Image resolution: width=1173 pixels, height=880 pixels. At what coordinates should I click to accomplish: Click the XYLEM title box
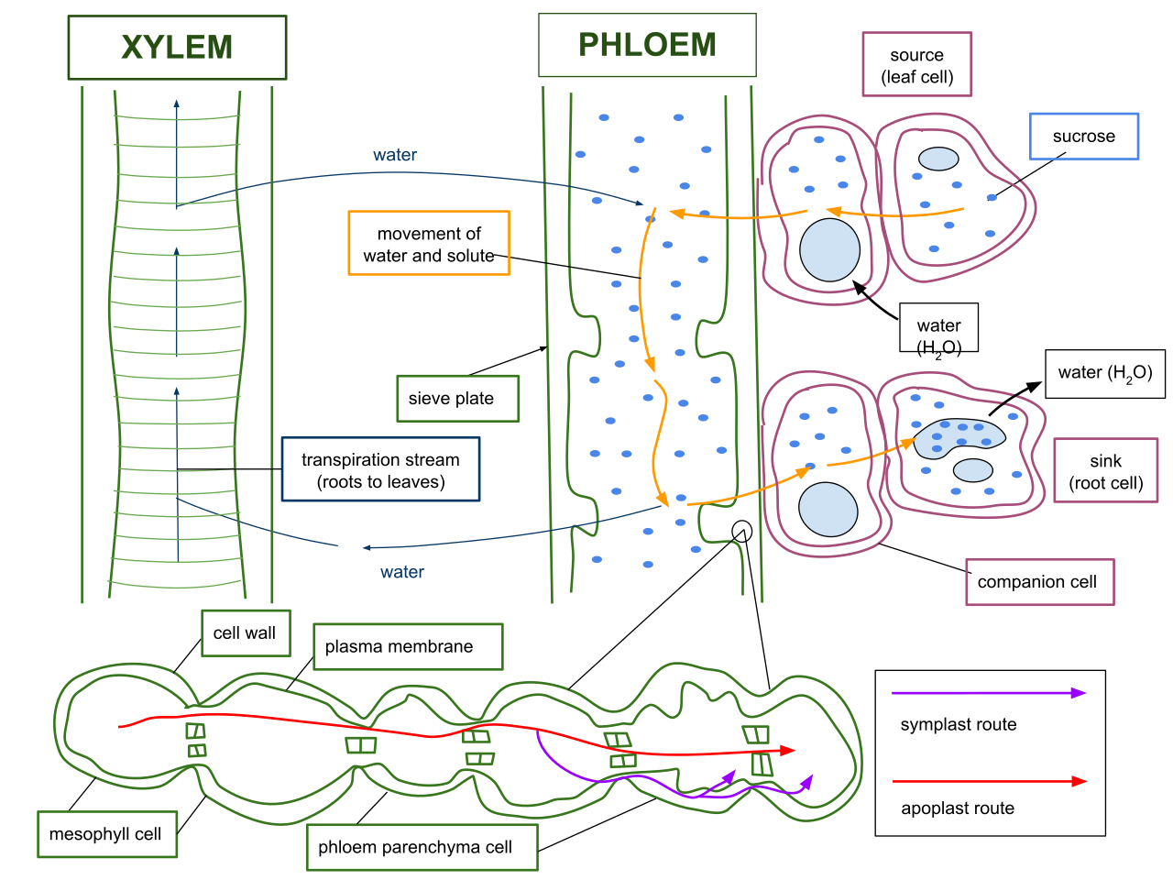tap(177, 48)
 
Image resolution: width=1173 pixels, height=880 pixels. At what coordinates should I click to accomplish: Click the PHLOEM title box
tap(647, 45)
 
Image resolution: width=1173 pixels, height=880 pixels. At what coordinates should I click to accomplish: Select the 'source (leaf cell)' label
tap(916, 64)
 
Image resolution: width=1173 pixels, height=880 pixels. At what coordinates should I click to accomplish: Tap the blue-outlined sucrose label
tap(1084, 137)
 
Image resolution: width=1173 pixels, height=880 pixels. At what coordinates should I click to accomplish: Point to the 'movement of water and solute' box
tap(429, 243)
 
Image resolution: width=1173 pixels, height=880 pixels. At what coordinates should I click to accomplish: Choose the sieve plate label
tap(457, 399)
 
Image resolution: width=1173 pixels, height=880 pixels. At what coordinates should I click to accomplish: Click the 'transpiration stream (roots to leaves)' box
tap(380, 469)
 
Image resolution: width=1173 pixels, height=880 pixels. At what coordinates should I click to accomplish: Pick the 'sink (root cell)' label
tap(1106, 471)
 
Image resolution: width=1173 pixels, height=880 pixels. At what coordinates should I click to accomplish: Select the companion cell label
tap(1040, 582)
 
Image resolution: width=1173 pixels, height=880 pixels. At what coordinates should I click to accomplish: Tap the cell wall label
tap(246, 633)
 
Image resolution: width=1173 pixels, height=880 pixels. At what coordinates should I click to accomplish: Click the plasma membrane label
tap(408, 646)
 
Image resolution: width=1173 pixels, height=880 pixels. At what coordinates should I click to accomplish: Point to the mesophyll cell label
tap(107, 834)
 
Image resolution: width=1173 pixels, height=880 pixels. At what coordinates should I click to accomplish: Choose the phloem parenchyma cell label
tap(422, 847)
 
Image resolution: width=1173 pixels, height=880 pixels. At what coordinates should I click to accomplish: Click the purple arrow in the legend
tap(989, 693)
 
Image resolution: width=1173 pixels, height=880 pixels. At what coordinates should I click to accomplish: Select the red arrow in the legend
tap(990, 781)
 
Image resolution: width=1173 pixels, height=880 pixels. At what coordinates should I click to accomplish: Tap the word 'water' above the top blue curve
tap(394, 155)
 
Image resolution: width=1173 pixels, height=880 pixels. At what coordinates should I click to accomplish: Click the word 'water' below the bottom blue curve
tap(402, 572)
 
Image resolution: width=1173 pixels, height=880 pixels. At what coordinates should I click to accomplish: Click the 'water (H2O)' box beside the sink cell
tap(1105, 373)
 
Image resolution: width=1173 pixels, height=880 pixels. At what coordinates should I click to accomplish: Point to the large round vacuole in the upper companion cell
tap(829, 250)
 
